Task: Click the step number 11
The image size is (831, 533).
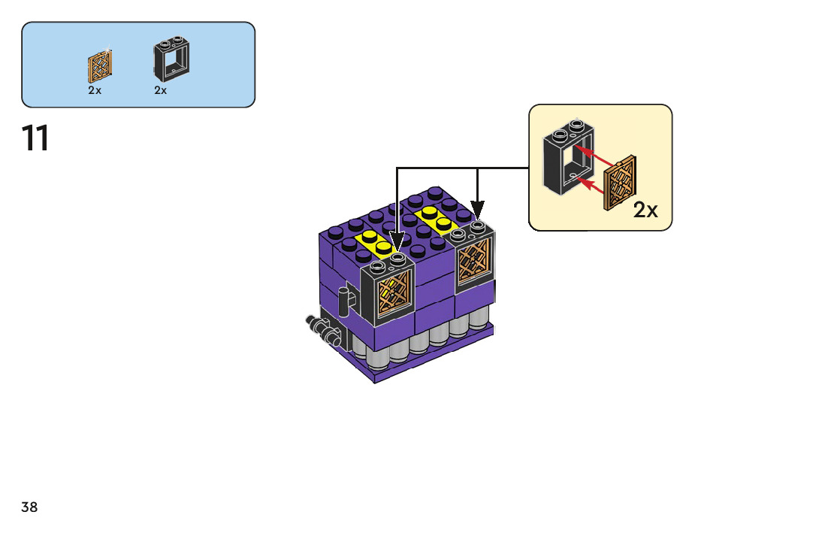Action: pyautogui.click(x=35, y=139)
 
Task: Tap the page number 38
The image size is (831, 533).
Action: pyautogui.click(x=29, y=507)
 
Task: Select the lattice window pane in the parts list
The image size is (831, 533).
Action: pyautogui.click(x=99, y=67)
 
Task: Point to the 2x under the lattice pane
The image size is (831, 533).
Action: pyautogui.click(x=95, y=90)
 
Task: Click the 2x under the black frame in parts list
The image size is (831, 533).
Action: pyautogui.click(x=161, y=90)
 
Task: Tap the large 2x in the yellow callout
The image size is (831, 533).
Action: pyautogui.click(x=645, y=210)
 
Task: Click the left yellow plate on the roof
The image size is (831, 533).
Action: pyautogui.click(x=375, y=242)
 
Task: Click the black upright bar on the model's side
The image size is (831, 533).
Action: pyautogui.click(x=343, y=302)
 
